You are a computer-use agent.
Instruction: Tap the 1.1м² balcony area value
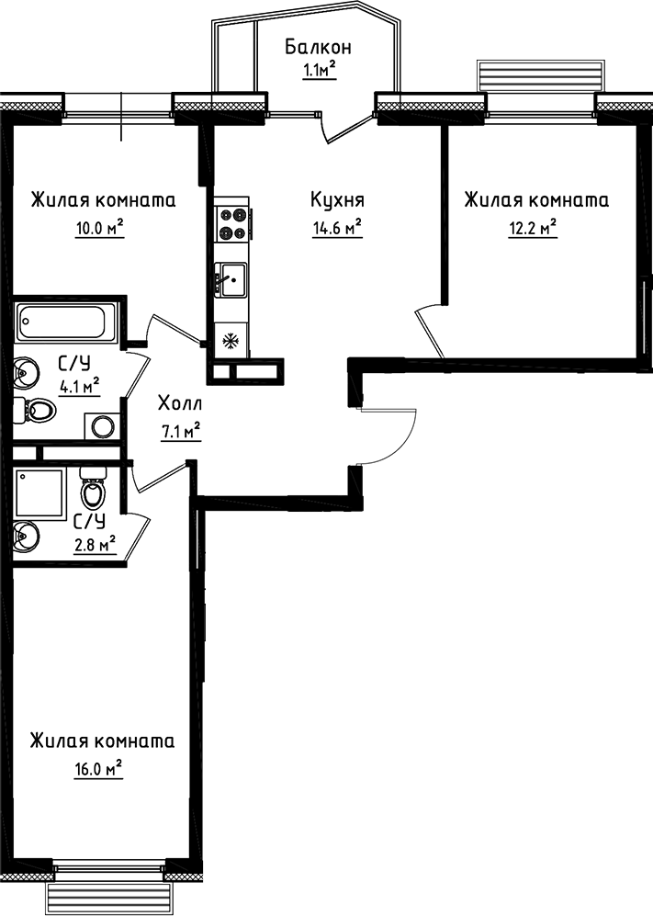(x=319, y=71)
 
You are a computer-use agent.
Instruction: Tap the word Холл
(x=179, y=403)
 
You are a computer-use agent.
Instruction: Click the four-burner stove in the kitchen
(x=232, y=223)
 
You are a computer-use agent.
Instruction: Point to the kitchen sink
(x=231, y=278)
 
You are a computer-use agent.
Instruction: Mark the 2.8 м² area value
(x=95, y=546)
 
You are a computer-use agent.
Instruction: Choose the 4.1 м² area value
(x=79, y=386)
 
